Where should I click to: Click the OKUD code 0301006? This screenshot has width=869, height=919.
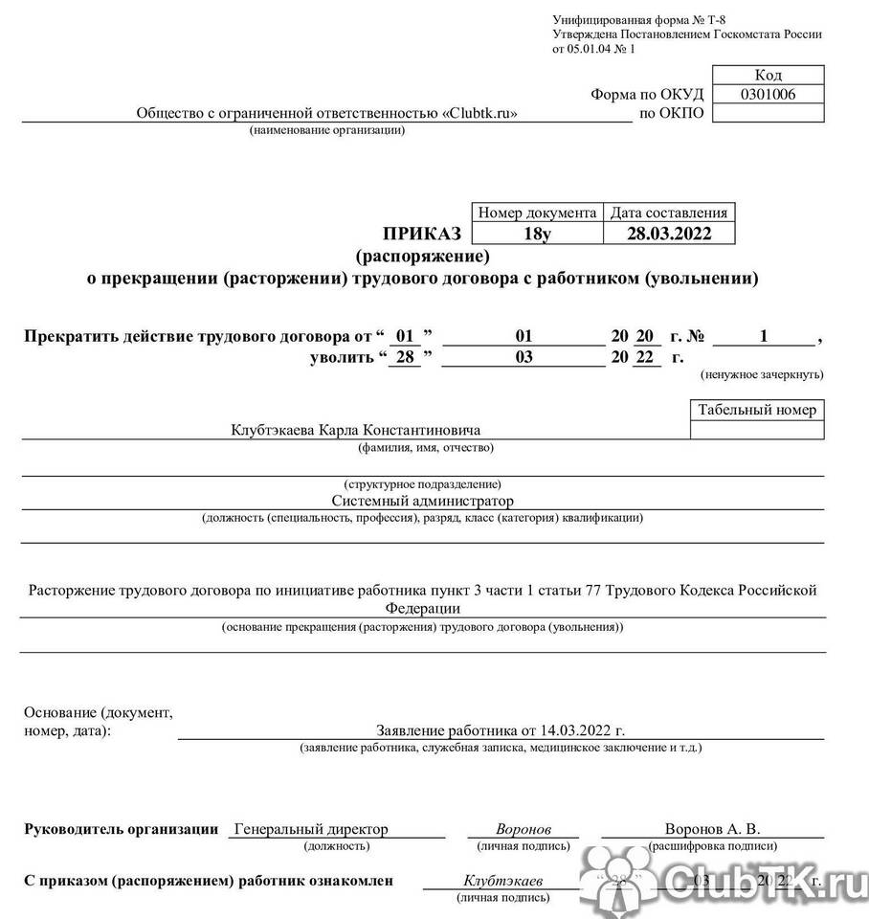[x=769, y=94]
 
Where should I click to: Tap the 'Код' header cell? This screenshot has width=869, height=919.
[x=769, y=75]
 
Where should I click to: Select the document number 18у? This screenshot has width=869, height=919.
[x=538, y=233]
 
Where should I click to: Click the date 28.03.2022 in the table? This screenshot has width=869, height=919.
[x=669, y=233]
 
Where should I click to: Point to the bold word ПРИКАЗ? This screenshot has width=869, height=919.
[x=422, y=234]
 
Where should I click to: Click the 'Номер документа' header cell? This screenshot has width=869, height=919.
[x=538, y=213]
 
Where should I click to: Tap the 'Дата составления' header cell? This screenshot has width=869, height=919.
[x=669, y=213]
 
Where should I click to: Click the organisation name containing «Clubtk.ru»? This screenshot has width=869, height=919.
[x=326, y=113]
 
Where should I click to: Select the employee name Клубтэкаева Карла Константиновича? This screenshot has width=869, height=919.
[x=355, y=430]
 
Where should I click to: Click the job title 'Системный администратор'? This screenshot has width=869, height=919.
[x=422, y=501]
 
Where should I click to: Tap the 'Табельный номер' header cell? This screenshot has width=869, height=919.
[x=757, y=410]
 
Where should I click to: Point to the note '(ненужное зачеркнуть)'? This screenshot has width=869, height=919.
[x=762, y=374]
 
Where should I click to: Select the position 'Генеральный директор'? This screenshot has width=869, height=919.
[x=310, y=830]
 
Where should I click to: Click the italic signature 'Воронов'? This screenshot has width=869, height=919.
[x=524, y=830]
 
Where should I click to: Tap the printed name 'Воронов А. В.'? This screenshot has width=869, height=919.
[x=712, y=830]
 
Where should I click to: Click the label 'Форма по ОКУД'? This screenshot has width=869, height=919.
[x=647, y=94]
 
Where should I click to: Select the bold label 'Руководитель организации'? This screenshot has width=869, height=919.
[x=121, y=830]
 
